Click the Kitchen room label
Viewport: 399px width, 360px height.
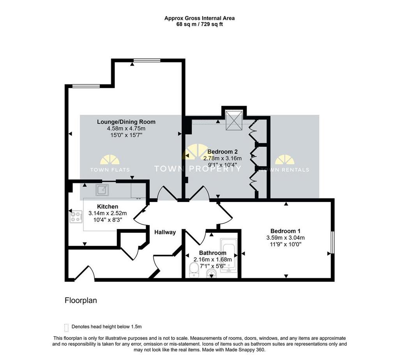pos(108,207)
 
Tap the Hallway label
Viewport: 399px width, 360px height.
pos(165,232)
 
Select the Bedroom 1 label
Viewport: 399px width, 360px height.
pos(285,231)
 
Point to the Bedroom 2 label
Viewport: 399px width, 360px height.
pos(222,152)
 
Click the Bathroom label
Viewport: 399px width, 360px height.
pos(212,253)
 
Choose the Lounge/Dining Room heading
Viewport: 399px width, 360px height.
pos(126,122)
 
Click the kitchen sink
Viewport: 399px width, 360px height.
pos(102,190)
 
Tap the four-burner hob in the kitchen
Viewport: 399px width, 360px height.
pos(76,217)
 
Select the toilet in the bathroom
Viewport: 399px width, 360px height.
pos(194,270)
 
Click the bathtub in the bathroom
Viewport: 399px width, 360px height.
pos(229,256)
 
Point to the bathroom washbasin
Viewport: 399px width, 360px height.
pos(211,274)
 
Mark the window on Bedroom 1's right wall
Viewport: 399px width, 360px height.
pos(332,242)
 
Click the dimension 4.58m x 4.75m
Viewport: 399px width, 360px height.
pos(126,129)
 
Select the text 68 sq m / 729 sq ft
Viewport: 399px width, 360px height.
pos(199,25)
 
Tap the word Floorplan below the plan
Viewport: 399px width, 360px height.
pos(81,300)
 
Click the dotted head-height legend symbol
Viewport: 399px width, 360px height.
pos(66,328)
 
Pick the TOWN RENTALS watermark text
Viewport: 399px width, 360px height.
pos(285,170)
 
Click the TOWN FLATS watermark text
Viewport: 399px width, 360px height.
pos(110,170)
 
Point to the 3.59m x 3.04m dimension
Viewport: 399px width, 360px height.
pos(285,238)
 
